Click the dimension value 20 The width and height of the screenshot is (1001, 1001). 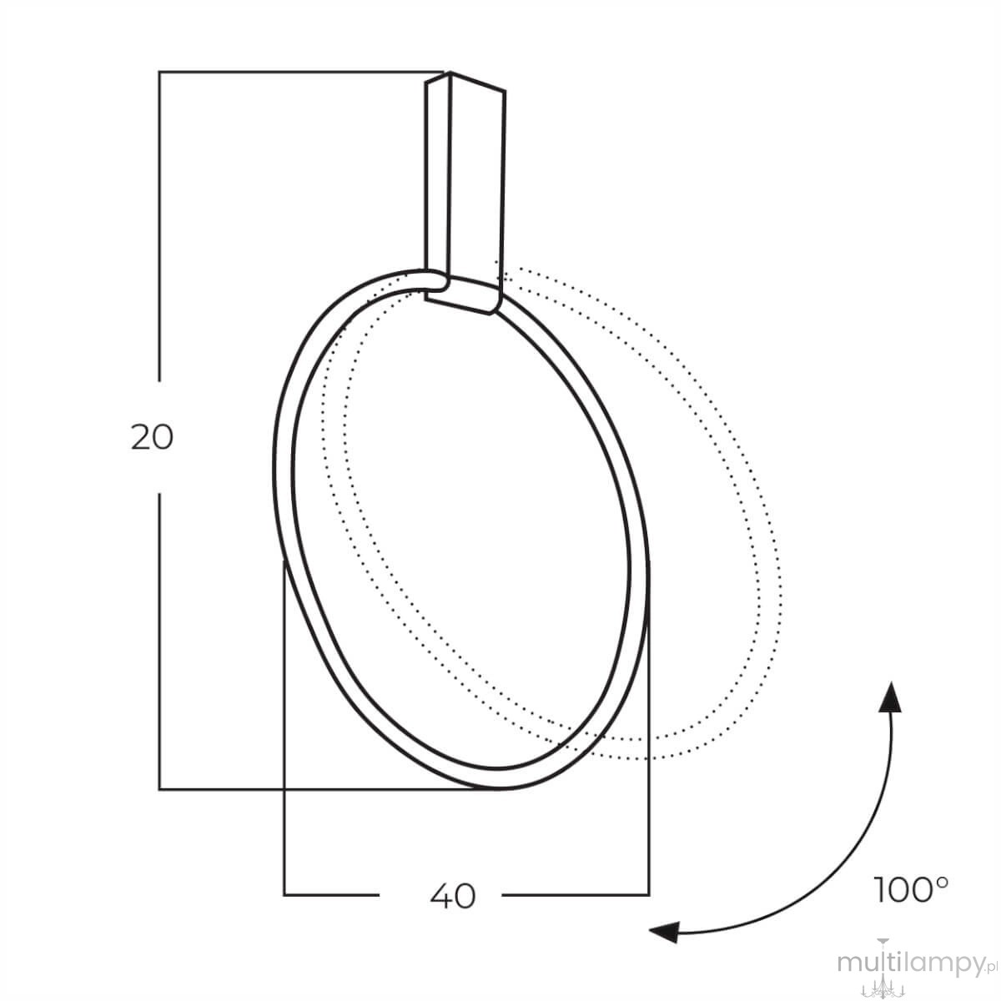(x=152, y=437)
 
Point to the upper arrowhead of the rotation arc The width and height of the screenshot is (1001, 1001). (x=891, y=697)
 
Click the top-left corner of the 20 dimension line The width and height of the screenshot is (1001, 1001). (x=159, y=73)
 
